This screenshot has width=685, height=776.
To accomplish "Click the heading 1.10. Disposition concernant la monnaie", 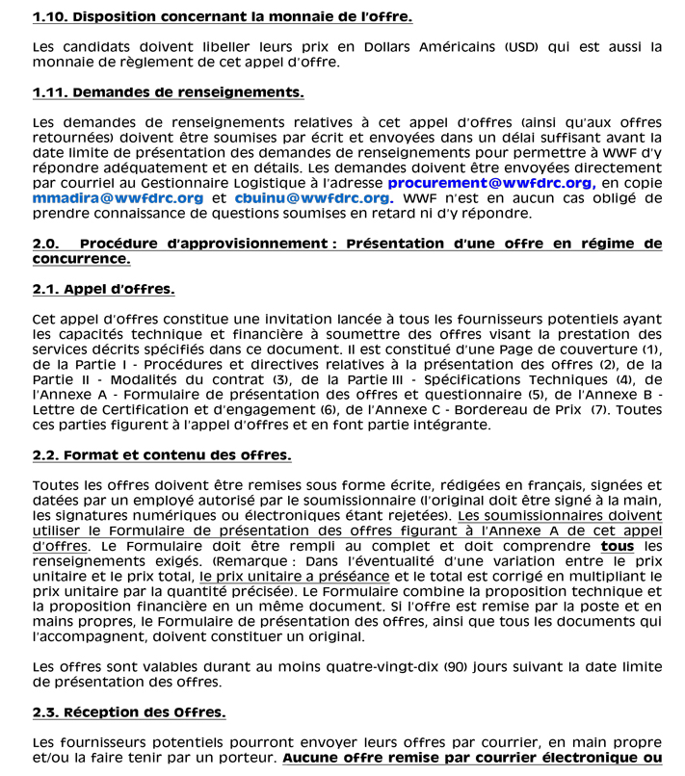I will [222, 17].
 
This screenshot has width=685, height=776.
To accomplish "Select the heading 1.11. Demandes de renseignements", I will [168, 92].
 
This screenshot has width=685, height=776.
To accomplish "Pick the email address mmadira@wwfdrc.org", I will [118, 198].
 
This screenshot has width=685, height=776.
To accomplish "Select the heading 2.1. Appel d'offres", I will [103, 289].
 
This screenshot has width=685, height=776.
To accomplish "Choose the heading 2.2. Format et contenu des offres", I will [161, 454].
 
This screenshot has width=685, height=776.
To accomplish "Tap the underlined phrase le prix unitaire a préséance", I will [294, 576].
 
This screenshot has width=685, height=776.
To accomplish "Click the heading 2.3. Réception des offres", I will [128, 711].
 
